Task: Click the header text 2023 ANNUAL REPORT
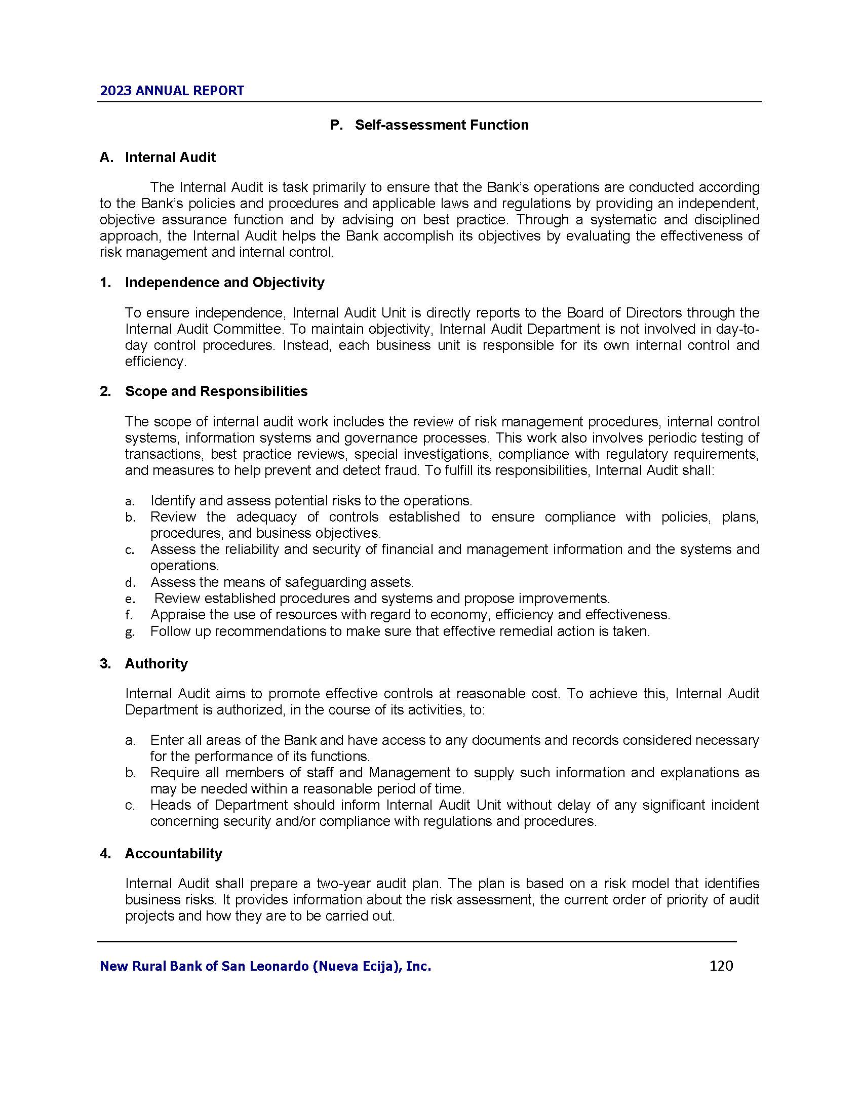172,91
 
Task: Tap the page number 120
721,966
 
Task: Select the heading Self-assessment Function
442,125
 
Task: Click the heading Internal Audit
170,157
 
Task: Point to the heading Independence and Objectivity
224,283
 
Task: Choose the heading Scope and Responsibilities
216,391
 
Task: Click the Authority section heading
156,664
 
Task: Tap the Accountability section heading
173,853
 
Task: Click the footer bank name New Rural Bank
265,966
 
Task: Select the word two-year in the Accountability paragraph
340,884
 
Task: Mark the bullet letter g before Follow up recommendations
130,632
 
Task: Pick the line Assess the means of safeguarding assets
282,582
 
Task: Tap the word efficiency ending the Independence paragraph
154,362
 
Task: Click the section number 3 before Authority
104,664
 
